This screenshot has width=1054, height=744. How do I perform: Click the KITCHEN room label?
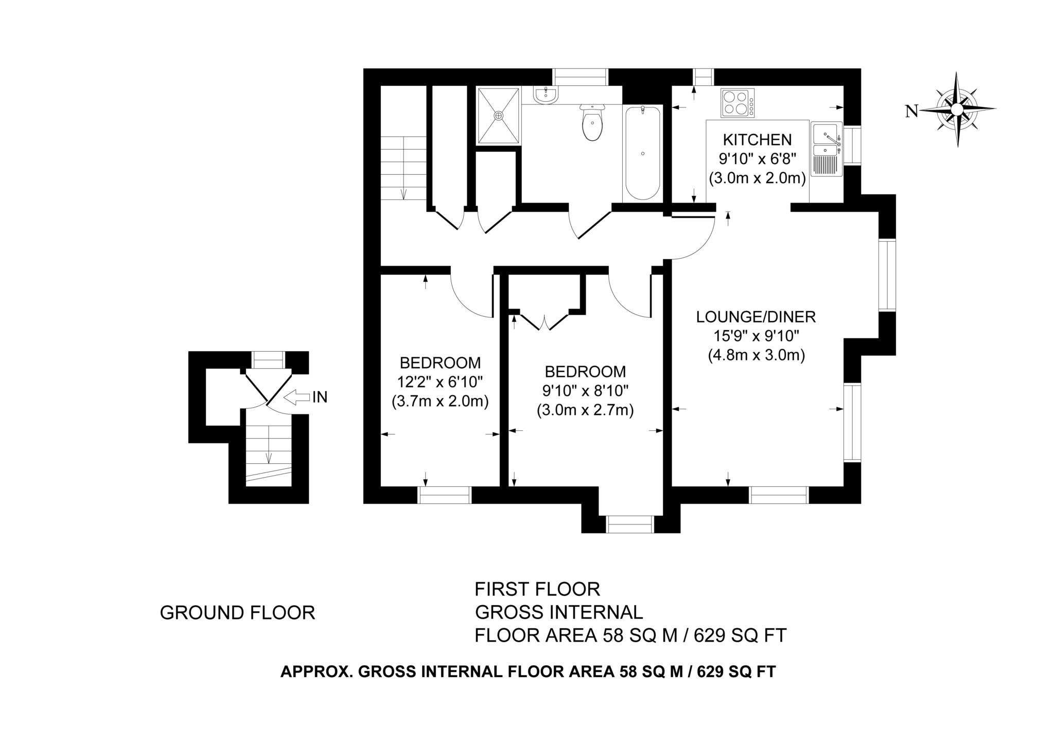[x=757, y=139]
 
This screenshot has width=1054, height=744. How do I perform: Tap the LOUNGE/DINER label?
[x=756, y=317]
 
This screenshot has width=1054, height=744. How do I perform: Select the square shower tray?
[x=498, y=116]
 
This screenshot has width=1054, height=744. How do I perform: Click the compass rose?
[x=957, y=109]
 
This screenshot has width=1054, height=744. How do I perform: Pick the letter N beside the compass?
[x=911, y=111]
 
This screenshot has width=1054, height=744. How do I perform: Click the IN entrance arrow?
[x=295, y=397]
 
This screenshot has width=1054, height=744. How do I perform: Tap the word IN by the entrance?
[x=320, y=397]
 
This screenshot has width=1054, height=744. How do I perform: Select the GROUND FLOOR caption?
[x=237, y=613]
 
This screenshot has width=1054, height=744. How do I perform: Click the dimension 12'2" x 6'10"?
[x=440, y=382]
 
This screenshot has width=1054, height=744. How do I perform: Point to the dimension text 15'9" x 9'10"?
[x=756, y=336]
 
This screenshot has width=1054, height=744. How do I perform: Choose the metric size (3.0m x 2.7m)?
[x=585, y=410]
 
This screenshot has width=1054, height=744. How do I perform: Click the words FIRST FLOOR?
[x=537, y=588]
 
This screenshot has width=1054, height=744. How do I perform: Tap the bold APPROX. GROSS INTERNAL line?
[x=528, y=672]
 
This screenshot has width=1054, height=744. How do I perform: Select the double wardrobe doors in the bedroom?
[x=544, y=321]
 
